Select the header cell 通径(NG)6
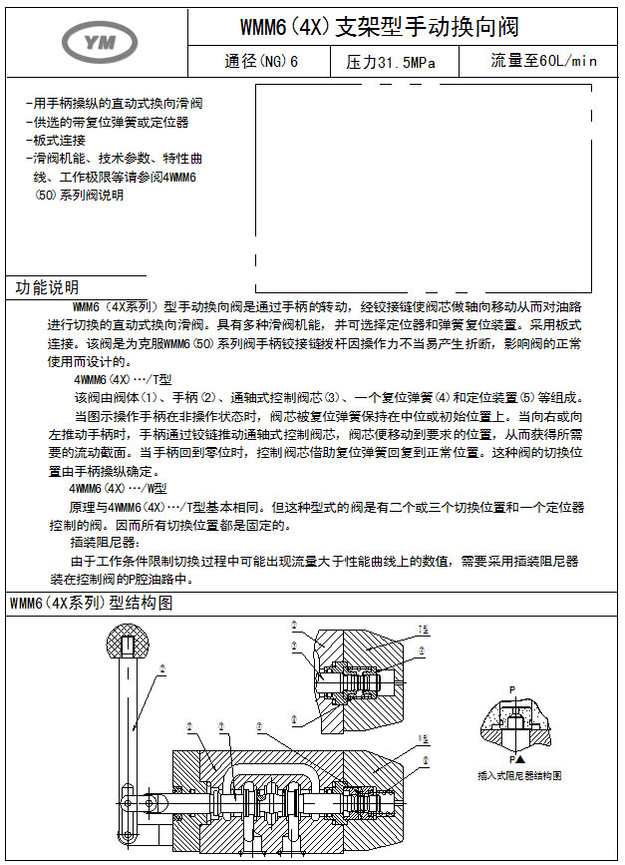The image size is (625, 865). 261,62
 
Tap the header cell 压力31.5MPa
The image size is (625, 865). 390,62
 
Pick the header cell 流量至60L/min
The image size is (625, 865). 543,61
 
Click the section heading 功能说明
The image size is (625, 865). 47,287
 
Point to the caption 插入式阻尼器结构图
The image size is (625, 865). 520,775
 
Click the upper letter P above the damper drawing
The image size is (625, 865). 512,689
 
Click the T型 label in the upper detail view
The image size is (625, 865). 424,630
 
